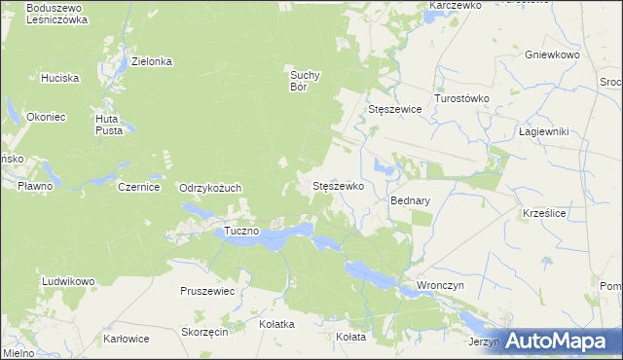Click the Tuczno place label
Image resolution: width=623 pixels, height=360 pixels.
[241, 232]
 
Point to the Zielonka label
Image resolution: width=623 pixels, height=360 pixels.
[152, 61]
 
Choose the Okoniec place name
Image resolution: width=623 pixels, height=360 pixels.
[46, 117]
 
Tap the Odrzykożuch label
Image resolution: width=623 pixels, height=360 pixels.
[209, 188]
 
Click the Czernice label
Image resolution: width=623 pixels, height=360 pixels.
[138, 187]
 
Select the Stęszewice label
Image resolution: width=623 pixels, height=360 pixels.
[395, 110]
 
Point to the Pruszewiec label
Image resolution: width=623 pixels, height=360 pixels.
[207, 291]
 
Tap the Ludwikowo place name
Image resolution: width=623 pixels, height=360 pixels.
[68, 281]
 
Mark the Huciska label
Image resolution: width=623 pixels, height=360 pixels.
[59, 77]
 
